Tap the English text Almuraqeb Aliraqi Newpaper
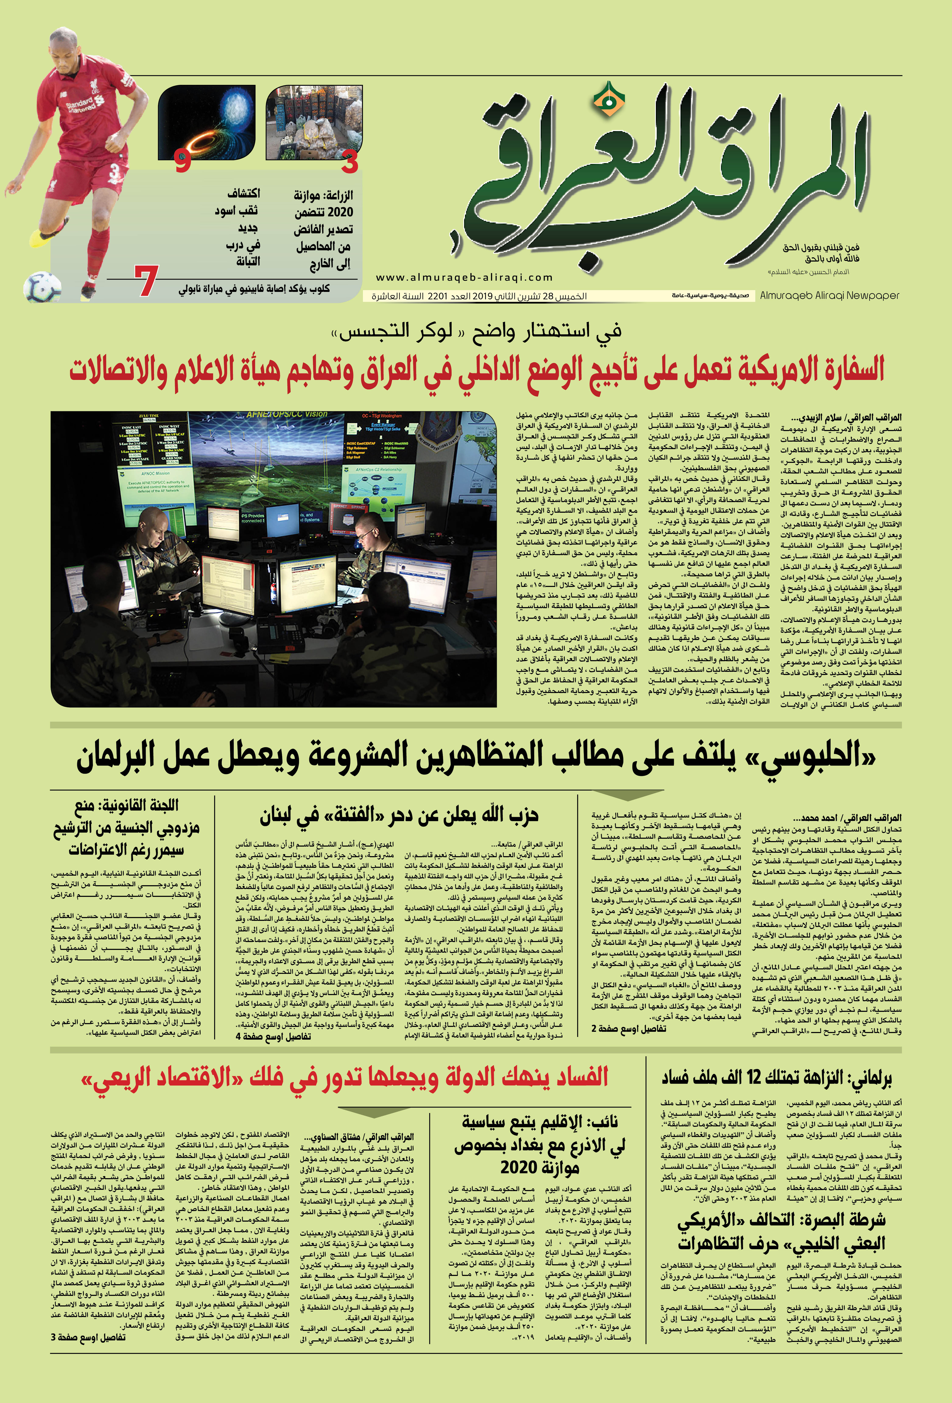pos(829,295)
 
